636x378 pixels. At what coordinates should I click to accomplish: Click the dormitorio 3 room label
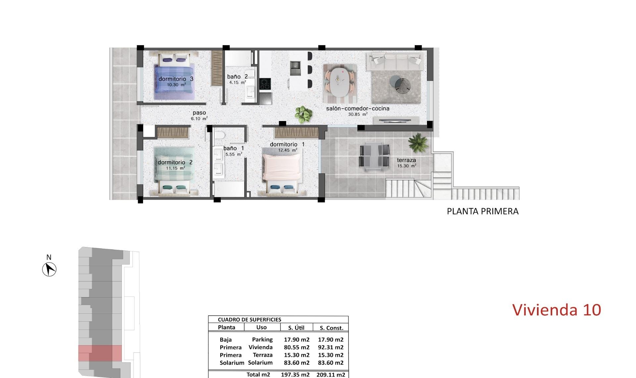(x=176, y=79)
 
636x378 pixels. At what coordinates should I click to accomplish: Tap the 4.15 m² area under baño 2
(x=238, y=83)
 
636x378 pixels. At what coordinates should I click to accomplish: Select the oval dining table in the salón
(x=340, y=82)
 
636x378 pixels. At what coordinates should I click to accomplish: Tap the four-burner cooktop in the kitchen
(x=265, y=84)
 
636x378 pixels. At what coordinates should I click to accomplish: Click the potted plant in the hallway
(x=303, y=114)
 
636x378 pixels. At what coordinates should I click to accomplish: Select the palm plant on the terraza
(x=418, y=142)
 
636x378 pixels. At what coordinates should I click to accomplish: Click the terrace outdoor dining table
(x=374, y=157)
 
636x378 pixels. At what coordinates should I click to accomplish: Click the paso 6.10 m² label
(x=199, y=115)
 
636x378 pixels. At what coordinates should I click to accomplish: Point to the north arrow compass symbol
(x=49, y=269)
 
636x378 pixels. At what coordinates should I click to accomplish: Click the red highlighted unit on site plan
(x=100, y=353)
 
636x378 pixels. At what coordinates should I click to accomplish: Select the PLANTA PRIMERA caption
(x=482, y=211)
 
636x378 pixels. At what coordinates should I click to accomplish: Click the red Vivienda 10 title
(x=556, y=310)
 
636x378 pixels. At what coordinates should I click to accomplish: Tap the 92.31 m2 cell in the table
(x=331, y=347)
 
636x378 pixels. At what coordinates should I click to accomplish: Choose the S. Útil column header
(x=296, y=328)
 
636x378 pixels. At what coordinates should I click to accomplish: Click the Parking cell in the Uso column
(x=262, y=340)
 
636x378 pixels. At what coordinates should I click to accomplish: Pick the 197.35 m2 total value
(x=295, y=375)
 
